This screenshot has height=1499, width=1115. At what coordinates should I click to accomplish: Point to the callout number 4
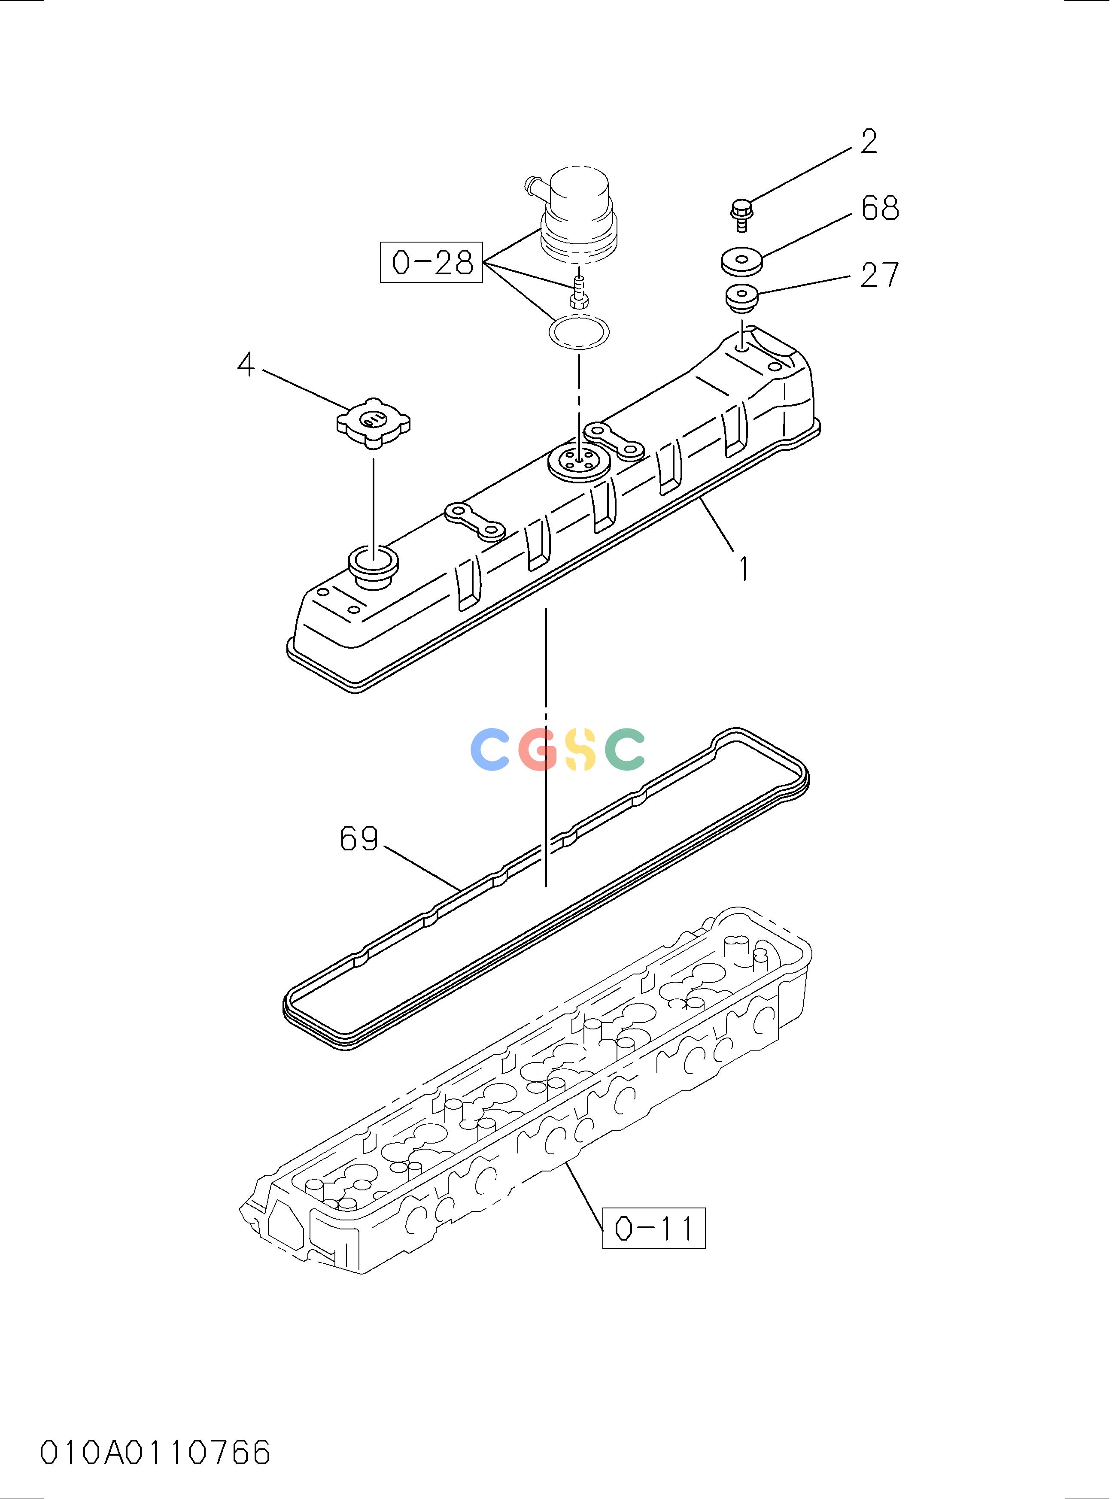(246, 365)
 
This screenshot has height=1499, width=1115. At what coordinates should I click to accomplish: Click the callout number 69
(359, 838)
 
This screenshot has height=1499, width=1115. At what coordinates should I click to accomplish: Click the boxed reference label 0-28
(431, 262)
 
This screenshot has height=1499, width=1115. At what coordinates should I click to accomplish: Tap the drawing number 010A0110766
(156, 1453)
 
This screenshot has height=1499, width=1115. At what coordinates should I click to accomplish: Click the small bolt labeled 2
(742, 214)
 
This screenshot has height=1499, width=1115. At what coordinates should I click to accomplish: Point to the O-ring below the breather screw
(578, 331)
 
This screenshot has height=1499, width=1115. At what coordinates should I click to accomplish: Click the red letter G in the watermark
(538, 749)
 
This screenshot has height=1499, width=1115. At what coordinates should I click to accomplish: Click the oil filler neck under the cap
(373, 567)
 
